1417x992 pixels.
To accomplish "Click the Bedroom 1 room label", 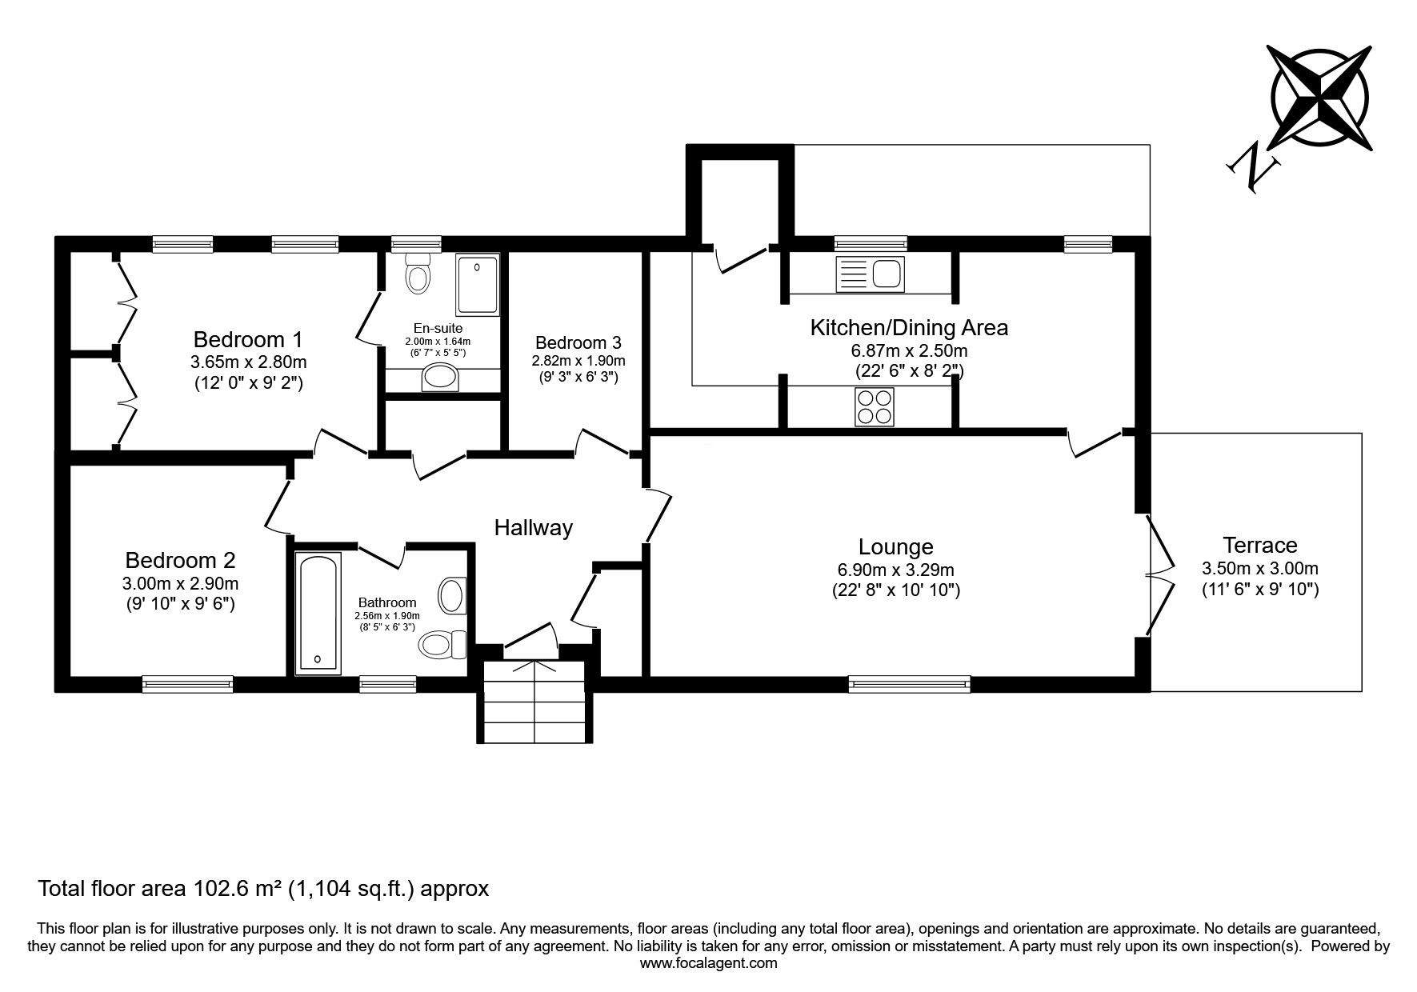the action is coord(248,339).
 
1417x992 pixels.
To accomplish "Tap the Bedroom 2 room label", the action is coord(180,560).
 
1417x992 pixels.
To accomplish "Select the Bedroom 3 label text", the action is coord(578,343).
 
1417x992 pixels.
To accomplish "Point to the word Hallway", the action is coord(534,528).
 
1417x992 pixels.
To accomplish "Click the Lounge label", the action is coord(895,547).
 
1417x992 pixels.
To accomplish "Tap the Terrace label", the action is coord(1260,546).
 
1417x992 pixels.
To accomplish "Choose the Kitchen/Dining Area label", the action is coord(909,328).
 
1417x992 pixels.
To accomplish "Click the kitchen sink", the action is coord(869,274).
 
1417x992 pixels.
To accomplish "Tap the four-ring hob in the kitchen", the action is coord(875,406).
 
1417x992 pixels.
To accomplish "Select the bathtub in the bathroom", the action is coord(318,611).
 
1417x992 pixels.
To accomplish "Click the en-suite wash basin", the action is coord(441,377).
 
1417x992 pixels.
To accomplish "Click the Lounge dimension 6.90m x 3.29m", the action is coord(895,570).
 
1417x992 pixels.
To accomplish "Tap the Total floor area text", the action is coord(263,888).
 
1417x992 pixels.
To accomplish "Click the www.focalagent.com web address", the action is coord(709,963).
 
